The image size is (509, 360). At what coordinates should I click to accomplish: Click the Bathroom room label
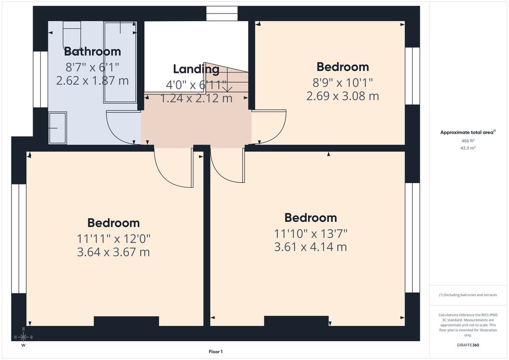point(92,52)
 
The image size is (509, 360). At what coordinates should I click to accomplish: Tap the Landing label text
point(196,69)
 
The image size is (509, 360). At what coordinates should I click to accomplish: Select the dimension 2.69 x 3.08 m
point(342,96)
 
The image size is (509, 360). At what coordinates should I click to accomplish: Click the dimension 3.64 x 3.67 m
point(113,252)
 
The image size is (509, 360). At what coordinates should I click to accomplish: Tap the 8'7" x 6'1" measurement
point(92,67)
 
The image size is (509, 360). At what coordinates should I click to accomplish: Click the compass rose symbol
point(23,337)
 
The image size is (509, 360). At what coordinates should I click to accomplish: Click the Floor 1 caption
point(215,352)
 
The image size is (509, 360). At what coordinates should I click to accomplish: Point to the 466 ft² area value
point(468,140)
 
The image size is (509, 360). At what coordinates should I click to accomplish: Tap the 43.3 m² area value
point(468,148)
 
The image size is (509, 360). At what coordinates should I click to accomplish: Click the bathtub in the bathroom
point(120,61)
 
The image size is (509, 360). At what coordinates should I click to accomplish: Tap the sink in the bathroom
point(58,128)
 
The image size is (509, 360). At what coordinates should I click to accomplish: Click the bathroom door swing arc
point(121,127)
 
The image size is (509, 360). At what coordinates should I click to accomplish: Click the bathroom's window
point(40,79)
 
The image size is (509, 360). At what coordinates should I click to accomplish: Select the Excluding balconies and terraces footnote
point(468,295)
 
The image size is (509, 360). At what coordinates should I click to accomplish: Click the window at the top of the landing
point(222,13)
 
